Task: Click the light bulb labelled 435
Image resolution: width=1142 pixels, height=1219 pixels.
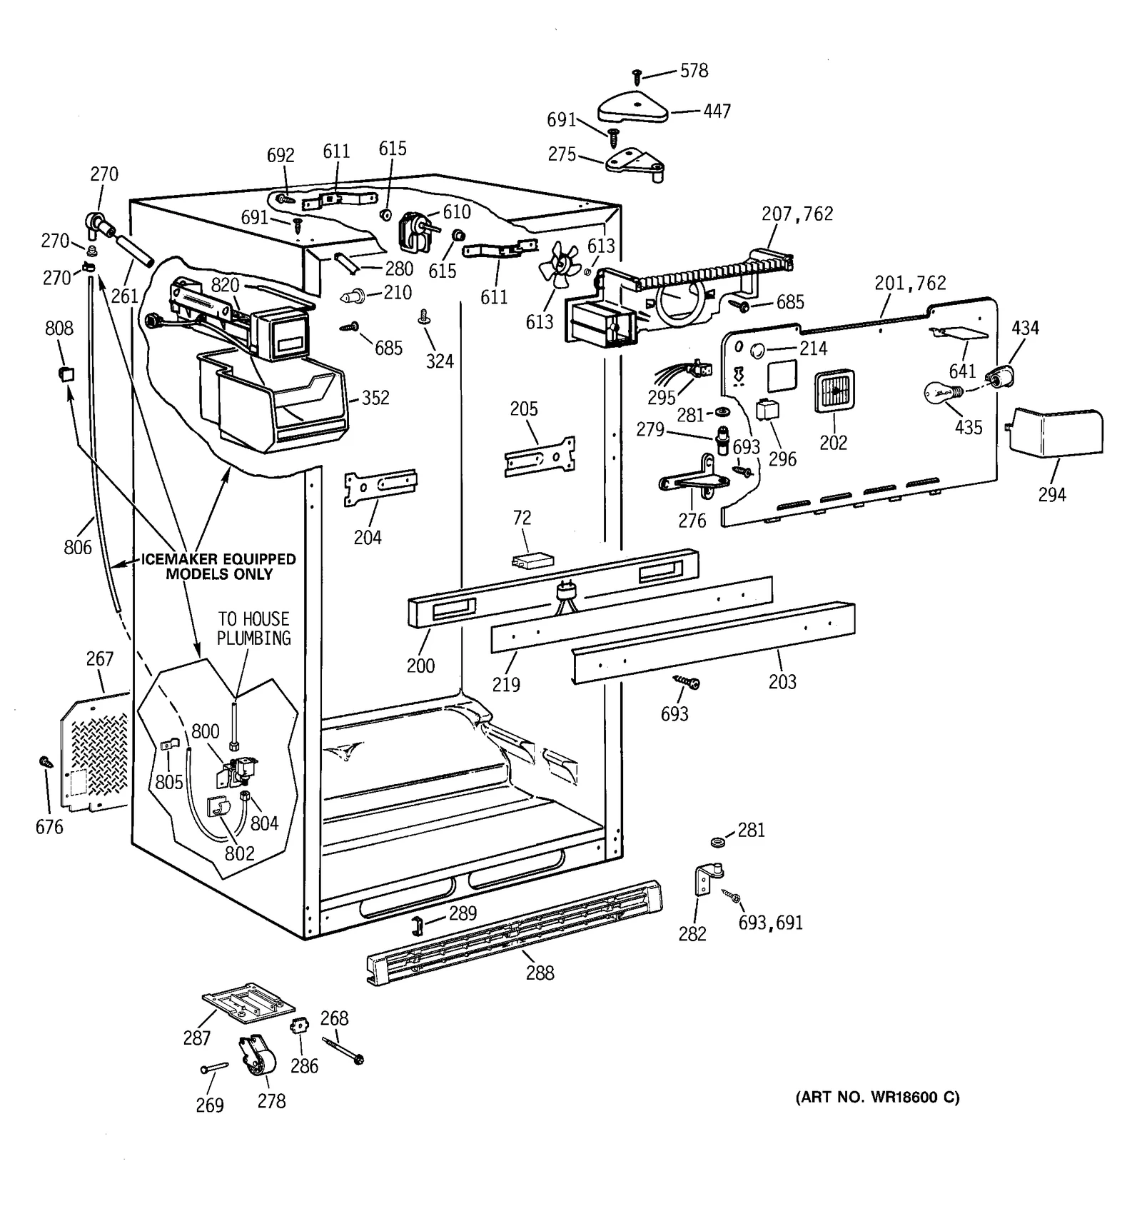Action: pos(944,391)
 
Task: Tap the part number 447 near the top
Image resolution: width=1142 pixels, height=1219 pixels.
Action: pos(717,111)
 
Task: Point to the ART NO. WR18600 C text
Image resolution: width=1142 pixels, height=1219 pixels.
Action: pos(877,1097)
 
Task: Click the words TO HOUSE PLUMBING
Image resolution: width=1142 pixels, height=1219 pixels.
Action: pos(254,628)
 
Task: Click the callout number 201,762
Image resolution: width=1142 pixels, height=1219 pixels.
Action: pos(910,284)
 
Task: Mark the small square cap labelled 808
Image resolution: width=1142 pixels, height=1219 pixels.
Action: pos(66,373)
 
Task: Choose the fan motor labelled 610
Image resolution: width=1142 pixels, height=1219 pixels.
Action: pos(413,231)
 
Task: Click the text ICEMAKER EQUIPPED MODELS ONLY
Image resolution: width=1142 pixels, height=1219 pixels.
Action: pos(218,566)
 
